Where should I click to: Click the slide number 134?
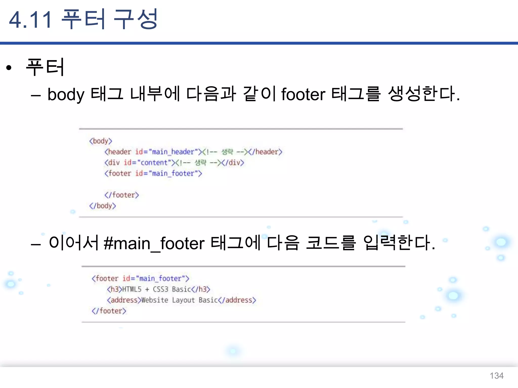pos(497,376)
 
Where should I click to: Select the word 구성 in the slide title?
pos(136,19)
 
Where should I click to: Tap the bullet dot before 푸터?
pos(9,68)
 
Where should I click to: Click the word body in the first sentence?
pos(66,95)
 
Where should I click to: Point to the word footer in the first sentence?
pos(303,94)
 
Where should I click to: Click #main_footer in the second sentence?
pos(154,244)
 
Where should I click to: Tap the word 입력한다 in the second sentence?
pos(399,243)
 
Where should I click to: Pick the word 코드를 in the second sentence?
pos(331,243)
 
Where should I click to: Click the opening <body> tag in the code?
pos(101,141)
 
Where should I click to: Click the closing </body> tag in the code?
pos(102,206)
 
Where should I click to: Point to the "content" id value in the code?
pos(154,163)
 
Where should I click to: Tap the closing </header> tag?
pos(265,152)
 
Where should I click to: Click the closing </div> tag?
pos(233,163)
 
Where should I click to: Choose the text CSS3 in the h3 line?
pos(160,289)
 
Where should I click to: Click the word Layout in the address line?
pos(183,300)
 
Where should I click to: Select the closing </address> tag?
pos(237,300)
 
